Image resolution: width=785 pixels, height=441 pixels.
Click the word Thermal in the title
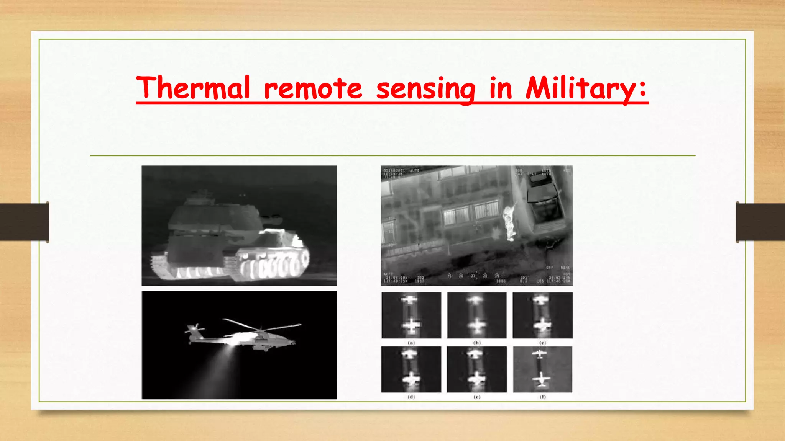click(193, 88)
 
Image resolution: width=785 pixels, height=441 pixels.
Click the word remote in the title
click(313, 88)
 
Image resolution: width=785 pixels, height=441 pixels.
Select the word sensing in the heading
click(425, 89)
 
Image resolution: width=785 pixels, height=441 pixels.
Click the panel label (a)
click(411, 343)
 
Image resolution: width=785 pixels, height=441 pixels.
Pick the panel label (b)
click(477, 343)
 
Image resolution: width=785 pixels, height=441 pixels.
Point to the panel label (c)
click(542, 343)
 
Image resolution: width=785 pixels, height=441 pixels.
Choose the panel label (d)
click(411, 397)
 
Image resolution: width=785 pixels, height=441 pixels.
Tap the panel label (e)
click(477, 397)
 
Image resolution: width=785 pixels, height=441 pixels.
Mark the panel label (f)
click(542, 397)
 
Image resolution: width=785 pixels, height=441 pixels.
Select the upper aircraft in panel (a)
click(410, 300)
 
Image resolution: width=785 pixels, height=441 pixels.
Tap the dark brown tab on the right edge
click(760, 222)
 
